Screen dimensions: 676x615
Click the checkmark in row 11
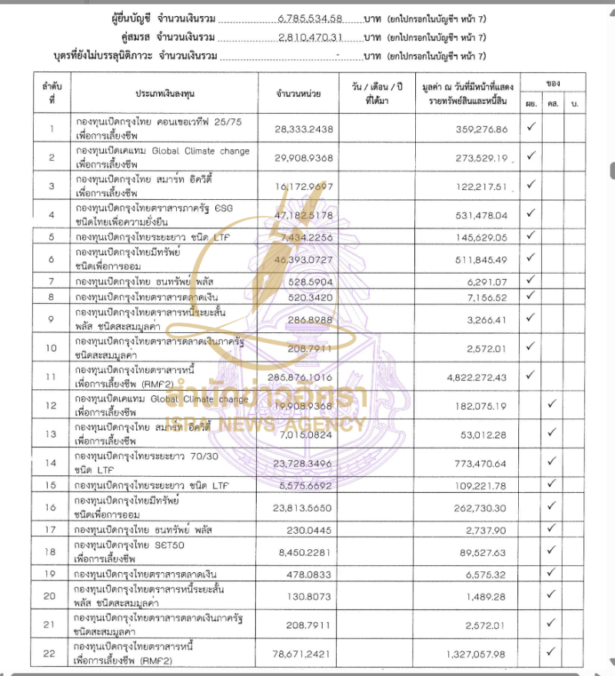pyautogui.click(x=530, y=375)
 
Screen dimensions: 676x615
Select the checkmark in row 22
pyautogui.click(x=551, y=652)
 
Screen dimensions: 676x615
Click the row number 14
pyautogui.click(x=52, y=462)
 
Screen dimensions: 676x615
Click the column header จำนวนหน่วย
pyautogui.click(x=298, y=92)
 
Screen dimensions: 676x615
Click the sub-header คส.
pyautogui.click(x=552, y=103)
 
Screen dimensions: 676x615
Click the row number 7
pyautogui.click(x=52, y=281)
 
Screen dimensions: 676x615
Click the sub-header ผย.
pyautogui.click(x=530, y=103)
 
